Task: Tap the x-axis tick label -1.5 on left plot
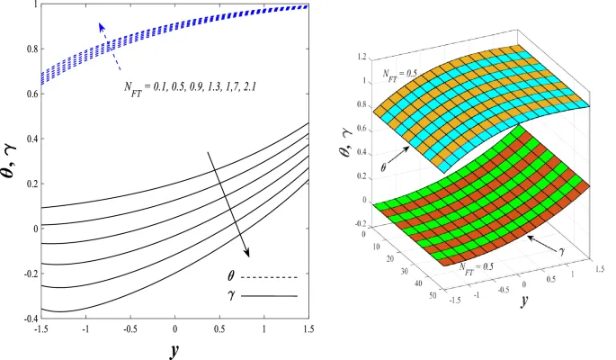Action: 40,329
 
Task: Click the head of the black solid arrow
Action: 247,255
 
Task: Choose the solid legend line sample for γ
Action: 274,294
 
